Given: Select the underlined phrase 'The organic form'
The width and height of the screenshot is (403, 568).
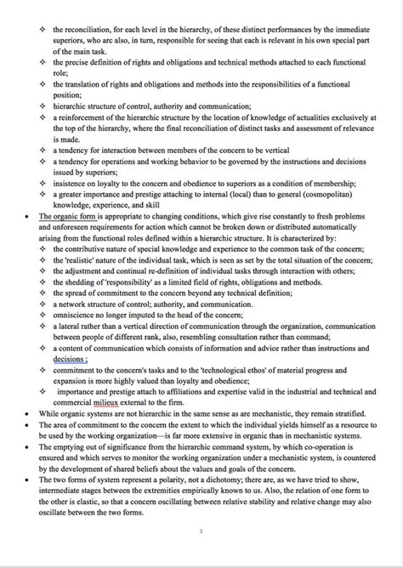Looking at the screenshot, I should click(65, 216).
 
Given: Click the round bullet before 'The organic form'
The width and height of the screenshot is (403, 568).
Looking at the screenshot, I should click(31, 216).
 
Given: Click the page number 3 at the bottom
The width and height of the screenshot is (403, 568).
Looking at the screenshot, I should click(201, 532).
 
